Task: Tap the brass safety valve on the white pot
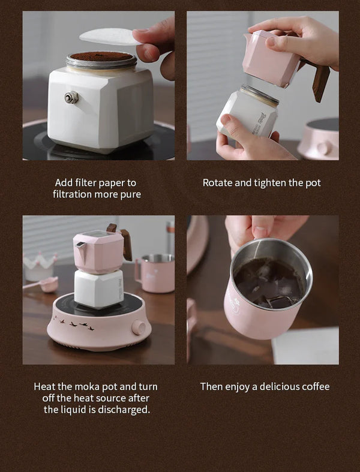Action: click(72, 97)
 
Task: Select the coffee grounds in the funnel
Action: click(101, 56)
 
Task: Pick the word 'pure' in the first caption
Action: click(129, 194)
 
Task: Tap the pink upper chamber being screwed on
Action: click(270, 59)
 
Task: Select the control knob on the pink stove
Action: click(139, 327)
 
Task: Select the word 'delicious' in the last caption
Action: click(278, 387)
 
